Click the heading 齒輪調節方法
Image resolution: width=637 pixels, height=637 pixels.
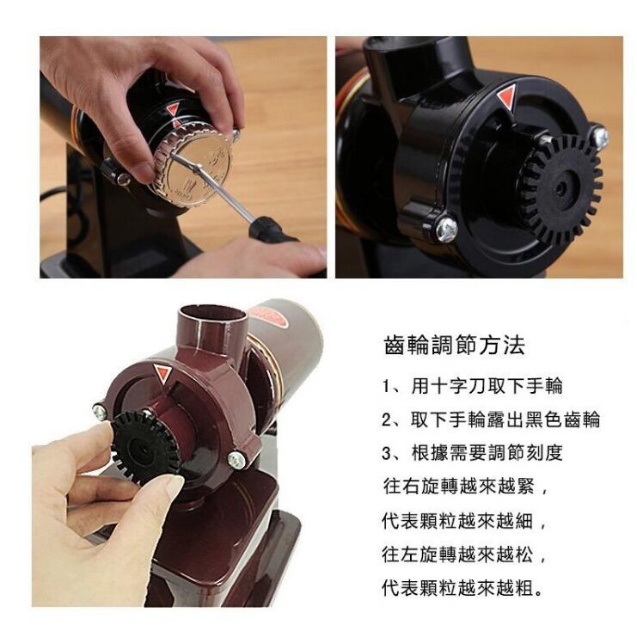(455, 346)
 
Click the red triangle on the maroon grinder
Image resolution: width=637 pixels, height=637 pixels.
(163, 372)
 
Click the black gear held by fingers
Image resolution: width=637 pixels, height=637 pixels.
(144, 446)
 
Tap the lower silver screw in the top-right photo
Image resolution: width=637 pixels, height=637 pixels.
(446, 230)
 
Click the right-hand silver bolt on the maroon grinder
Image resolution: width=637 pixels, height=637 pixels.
(236, 460)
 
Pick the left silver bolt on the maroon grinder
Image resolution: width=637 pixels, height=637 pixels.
(100, 413)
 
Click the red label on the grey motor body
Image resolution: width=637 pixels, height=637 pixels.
(271, 317)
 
